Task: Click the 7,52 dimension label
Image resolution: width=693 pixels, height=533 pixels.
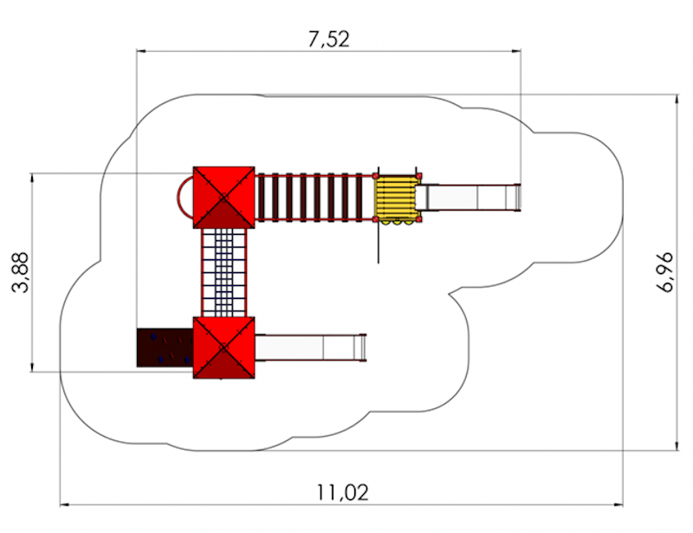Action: point(329,39)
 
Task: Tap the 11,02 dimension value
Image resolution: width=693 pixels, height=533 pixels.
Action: point(342,492)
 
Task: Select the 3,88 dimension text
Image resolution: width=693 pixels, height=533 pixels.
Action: point(20,272)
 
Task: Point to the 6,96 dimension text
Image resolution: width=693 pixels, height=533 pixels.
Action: point(664,272)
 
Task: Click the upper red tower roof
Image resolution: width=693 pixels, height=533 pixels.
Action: point(224,198)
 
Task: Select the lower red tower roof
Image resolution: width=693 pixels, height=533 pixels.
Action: point(224,348)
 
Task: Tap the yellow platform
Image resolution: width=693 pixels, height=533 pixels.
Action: point(397,198)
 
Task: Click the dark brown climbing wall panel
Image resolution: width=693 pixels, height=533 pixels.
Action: point(165,348)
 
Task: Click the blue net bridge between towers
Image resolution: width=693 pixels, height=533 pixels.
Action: point(224,272)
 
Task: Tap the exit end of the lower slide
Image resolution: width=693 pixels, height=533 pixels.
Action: point(363,348)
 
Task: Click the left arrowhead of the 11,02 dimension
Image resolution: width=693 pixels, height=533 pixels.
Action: point(64,504)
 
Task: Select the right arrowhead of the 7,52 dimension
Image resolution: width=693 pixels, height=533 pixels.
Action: point(516,51)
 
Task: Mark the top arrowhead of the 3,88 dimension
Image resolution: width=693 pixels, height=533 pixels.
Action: point(32,179)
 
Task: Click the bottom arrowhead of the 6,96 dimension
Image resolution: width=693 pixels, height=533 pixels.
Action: point(677,445)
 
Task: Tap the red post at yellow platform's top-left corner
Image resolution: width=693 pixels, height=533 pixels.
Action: point(376,176)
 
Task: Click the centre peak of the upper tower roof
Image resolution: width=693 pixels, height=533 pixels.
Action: point(224,198)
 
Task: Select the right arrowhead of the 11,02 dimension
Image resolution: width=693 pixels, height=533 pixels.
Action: point(619,504)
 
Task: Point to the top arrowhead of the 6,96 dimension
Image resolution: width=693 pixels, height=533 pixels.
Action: point(677,100)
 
